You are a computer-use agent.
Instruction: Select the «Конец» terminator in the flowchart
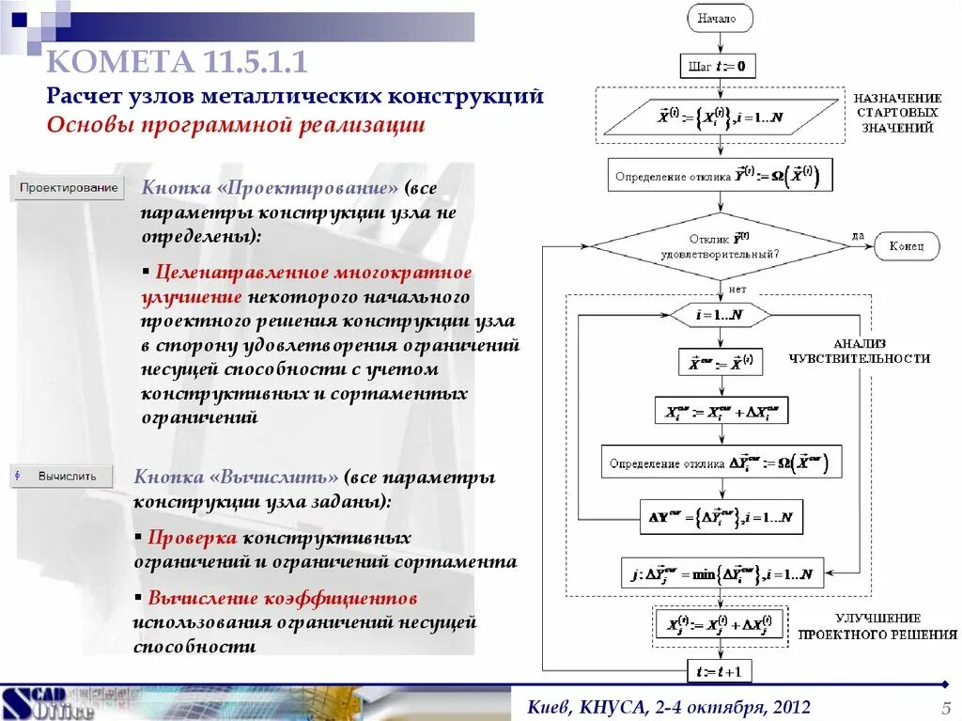(907, 246)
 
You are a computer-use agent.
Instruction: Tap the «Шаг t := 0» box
(717, 66)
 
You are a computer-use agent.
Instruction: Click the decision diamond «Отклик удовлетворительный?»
(720, 246)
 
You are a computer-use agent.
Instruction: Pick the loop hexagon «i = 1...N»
(720, 315)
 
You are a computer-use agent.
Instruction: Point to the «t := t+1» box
(720, 671)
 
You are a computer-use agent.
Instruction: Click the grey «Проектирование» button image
(70, 188)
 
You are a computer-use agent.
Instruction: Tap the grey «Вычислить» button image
(62, 476)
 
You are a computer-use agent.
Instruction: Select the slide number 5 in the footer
(946, 708)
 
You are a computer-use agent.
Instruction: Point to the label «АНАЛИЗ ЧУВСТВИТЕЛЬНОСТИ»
(860, 351)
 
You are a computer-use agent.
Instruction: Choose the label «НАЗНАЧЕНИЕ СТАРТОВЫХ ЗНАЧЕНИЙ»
(897, 113)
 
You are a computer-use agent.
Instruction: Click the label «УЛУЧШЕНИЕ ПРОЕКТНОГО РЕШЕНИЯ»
(877, 626)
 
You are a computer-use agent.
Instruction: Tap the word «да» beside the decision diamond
(859, 235)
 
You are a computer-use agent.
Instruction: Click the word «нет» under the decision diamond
(737, 289)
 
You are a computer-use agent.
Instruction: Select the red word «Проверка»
(193, 539)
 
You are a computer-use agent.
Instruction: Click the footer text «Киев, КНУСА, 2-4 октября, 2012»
(669, 707)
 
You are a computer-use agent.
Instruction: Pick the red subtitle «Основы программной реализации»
(236, 126)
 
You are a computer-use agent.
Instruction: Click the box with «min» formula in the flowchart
(721, 572)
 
